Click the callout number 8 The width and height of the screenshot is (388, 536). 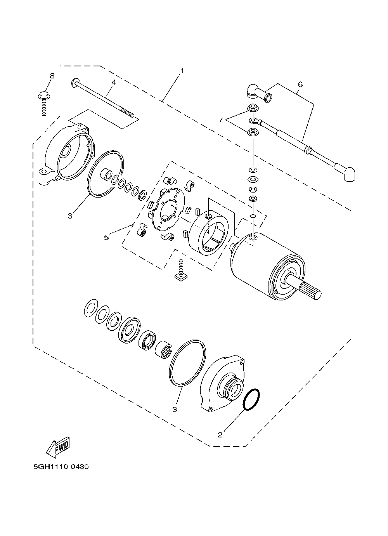52,76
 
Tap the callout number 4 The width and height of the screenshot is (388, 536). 114,82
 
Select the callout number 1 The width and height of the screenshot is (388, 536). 182,71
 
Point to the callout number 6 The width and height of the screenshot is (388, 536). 300,84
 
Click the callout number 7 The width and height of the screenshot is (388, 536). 221,119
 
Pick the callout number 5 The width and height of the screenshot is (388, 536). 106,237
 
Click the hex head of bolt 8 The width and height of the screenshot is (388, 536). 44,95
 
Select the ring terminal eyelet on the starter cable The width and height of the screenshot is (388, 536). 255,120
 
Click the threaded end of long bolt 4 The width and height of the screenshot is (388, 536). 128,113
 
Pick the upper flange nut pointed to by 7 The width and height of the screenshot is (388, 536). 253,108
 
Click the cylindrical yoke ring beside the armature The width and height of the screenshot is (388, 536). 208,233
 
